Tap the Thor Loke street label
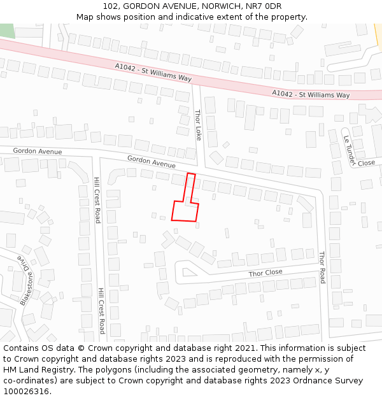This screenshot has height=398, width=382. [198, 125]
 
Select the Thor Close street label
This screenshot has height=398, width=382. [265, 273]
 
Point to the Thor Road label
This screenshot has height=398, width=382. [322, 267]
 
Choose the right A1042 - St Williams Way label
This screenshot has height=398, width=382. [311, 94]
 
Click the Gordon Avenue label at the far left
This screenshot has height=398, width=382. [38, 152]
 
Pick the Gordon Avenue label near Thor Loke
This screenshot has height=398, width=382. [151, 162]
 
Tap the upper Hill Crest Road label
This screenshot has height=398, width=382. [97, 200]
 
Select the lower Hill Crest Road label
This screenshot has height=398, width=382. [101, 311]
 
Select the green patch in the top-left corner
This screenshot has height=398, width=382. [6, 30]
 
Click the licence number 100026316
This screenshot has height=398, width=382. [27, 391]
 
